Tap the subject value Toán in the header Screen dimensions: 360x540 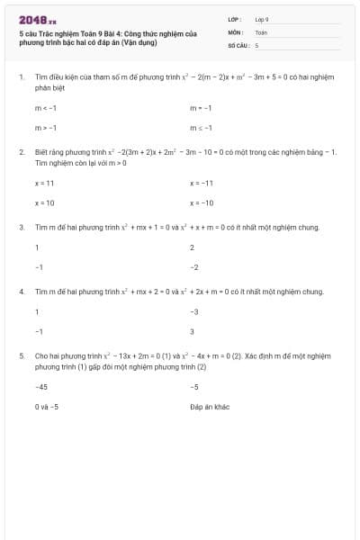[261, 31]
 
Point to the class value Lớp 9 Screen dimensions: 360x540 [262, 18]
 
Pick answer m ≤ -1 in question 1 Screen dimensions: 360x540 [201, 128]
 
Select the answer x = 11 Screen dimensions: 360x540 [45, 183]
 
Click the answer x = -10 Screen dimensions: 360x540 [202, 203]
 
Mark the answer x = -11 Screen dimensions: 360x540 [202, 183]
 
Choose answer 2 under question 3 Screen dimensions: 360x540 [192, 247]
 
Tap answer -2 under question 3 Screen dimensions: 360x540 [193, 267]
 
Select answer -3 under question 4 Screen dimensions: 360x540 [193, 311]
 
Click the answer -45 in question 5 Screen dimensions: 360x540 [41, 386]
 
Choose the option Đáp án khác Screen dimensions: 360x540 [210, 407]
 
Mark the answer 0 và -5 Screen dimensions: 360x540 [47, 407]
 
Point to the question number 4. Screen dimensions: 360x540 [21, 292]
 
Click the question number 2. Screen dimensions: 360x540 [21, 152]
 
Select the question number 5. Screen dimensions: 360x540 [21, 356]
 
